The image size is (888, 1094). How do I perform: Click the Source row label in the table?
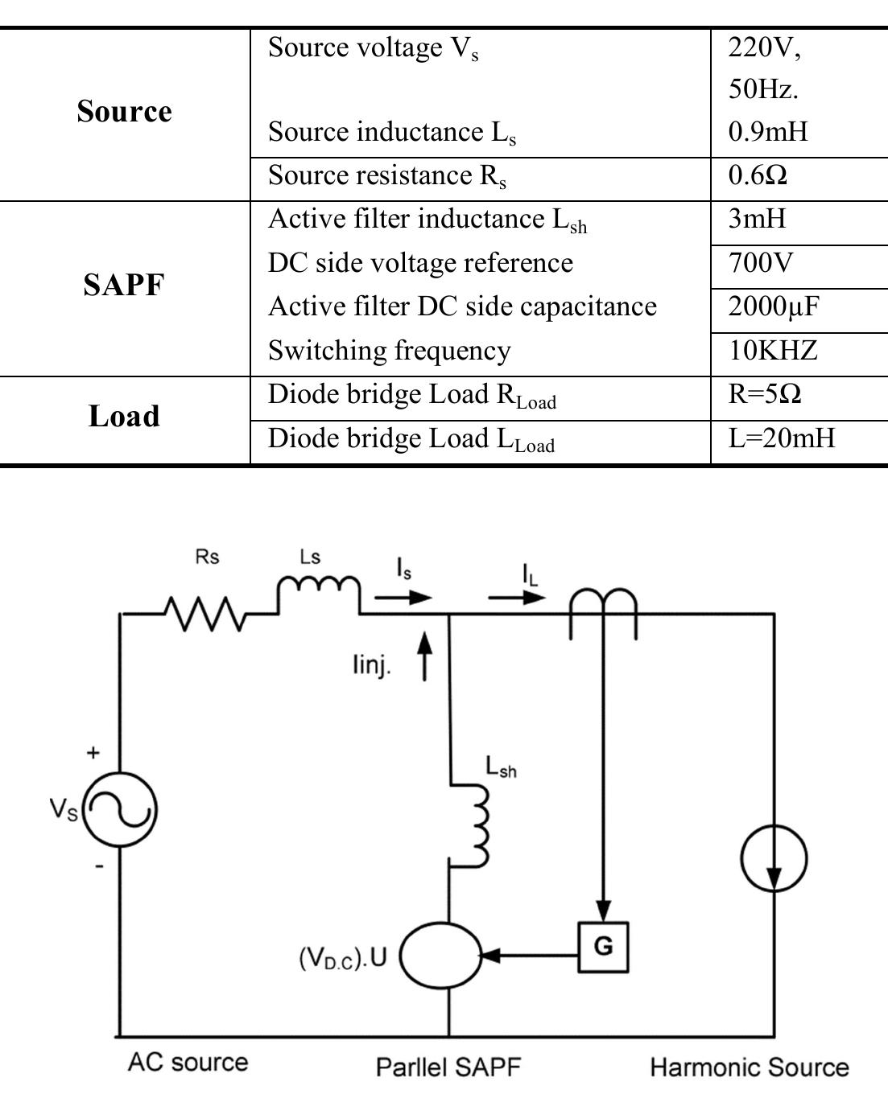point(124,112)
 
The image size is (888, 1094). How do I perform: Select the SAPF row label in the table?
point(124,285)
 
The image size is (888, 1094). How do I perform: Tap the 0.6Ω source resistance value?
point(758,175)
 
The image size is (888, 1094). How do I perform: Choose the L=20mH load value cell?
point(782,438)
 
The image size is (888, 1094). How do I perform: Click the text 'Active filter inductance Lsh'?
point(427,220)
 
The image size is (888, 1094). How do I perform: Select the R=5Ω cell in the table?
point(765,394)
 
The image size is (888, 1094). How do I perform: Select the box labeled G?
point(603,947)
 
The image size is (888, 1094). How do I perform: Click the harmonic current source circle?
point(774,858)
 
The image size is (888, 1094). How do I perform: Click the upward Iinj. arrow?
point(425,656)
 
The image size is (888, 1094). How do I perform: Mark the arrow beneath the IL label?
point(517,598)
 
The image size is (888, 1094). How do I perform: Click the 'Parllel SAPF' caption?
point(448,1067)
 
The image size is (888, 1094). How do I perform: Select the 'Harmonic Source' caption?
point(749,1067)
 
